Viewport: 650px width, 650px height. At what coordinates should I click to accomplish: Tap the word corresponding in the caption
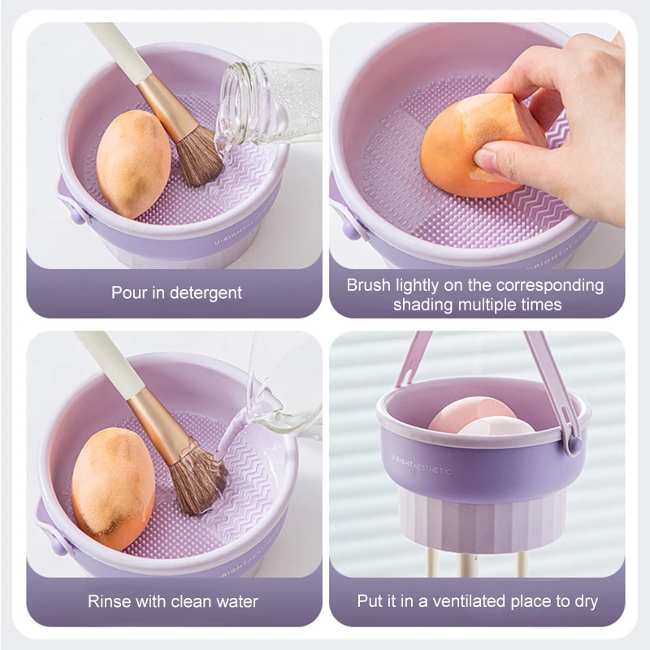pyautogui.click(x=550, y=286)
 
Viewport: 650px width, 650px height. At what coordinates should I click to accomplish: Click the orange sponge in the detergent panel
pyautogui.click(x=133, y=163)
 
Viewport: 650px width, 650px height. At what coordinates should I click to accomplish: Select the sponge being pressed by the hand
pyautogui.click(x=477, y=146)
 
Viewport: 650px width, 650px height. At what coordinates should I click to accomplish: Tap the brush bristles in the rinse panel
pyautogui.click(x=198, y=480)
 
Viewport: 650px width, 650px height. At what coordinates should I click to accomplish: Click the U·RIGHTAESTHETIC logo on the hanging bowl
pyautogui.click(x=421, y=464)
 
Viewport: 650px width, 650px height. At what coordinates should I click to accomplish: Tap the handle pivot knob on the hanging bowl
pyautogui.click(x=573, y=444)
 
